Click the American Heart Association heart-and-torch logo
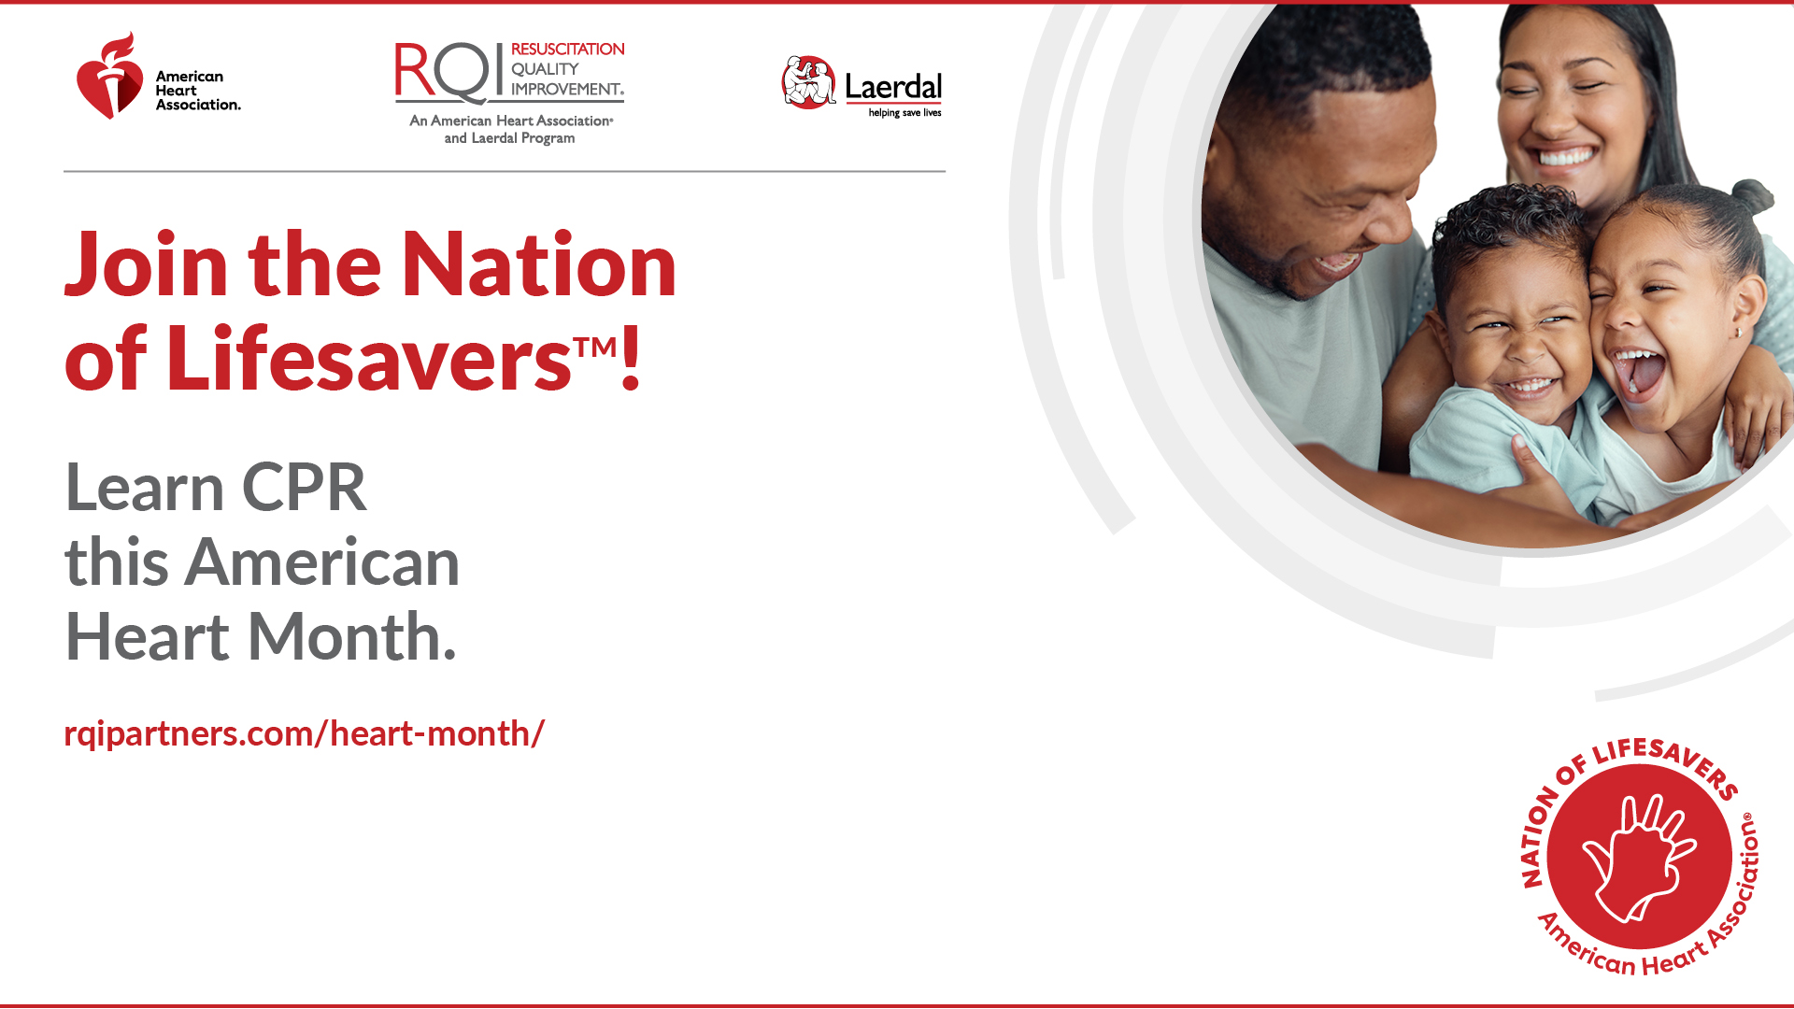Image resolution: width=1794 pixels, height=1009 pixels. tap(110, 76)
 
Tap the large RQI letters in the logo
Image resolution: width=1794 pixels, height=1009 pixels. tap(443, 72)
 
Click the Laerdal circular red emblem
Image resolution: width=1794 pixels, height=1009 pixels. tap(808, 82)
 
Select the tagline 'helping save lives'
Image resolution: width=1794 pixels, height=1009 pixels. tap(904, 113)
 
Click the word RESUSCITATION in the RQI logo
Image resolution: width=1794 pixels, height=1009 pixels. tap(567, 49)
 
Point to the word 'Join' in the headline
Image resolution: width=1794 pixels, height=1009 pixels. tap(146, 265)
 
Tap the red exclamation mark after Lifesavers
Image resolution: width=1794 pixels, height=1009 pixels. tap(631, 357)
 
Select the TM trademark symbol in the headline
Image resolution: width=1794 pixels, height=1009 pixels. tap(595, 347)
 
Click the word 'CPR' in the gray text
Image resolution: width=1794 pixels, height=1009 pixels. tap(305, 488)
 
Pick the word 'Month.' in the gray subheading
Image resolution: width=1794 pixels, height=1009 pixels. tap(351, 637)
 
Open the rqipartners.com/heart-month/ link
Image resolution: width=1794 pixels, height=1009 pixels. tap(304, 733)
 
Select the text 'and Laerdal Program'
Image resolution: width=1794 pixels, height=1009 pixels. tap(509, 138)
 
